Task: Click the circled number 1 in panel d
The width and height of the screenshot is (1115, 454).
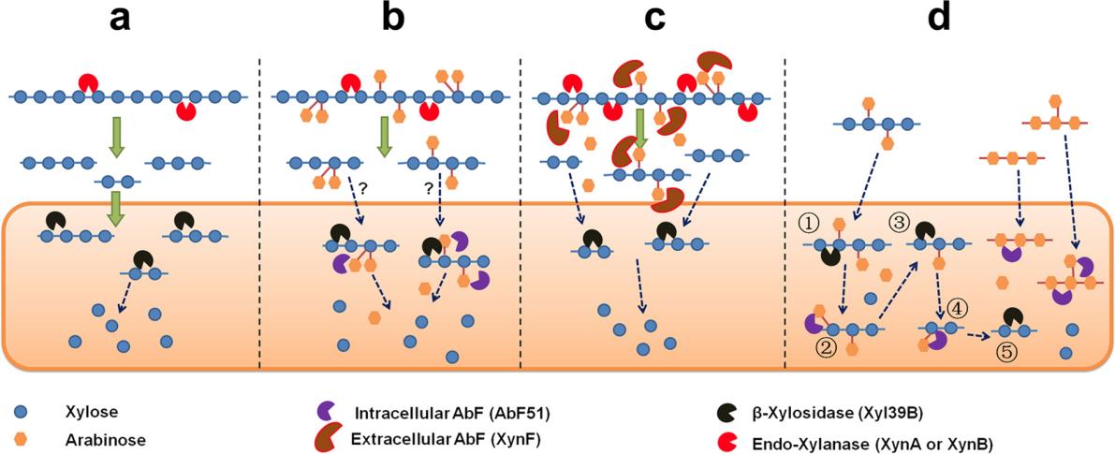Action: (x=809, y=224)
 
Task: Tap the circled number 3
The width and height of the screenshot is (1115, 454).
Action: (x=900, y=224)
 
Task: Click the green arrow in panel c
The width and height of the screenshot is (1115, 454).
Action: (x=640, y=129)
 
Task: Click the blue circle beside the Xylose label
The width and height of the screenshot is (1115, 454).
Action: (x=21, y=410)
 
